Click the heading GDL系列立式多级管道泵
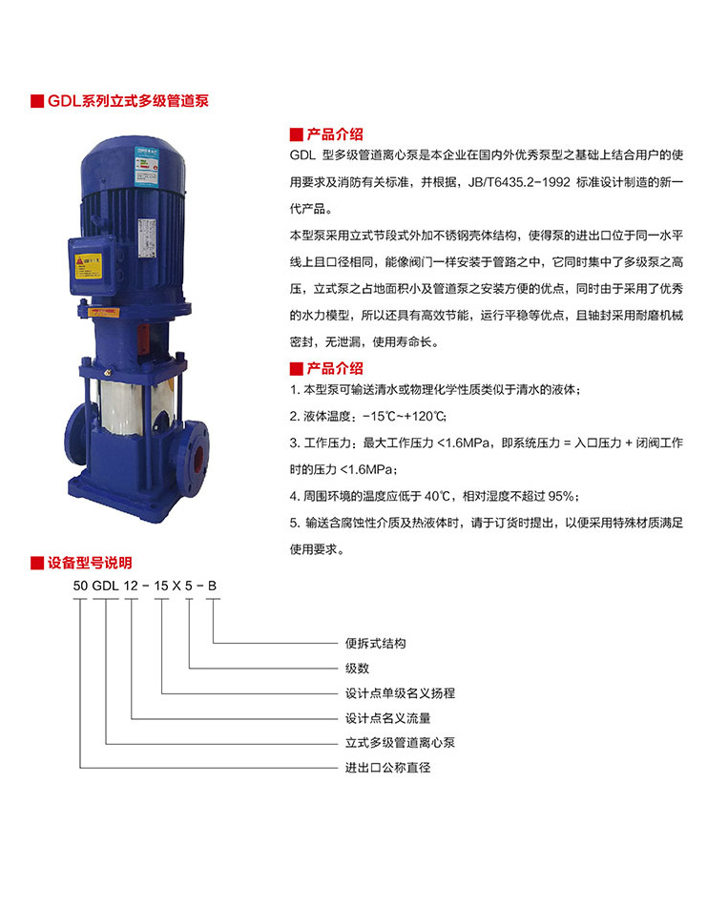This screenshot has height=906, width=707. [128, 101]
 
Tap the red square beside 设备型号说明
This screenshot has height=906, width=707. [37, 563]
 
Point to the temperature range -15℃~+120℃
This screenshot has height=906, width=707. [405, 416]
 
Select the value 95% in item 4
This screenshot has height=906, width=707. [562, 496]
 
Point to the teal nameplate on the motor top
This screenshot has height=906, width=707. [146, 166]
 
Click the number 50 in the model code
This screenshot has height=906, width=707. [80, 586]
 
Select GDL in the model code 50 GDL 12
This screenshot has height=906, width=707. [105, 586]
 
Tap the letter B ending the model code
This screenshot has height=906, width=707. [212, 586]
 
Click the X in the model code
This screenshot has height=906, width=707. [176, 586]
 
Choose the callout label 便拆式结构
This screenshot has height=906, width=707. [375, 643]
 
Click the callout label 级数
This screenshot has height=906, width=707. [357, 668]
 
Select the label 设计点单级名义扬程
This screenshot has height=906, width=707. [400, 692]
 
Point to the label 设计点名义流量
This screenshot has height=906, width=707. [388, 718]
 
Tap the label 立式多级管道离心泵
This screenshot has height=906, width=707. [400, 743]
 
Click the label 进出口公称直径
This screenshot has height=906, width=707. [388, 768]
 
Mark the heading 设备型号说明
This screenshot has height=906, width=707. [90, 563]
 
